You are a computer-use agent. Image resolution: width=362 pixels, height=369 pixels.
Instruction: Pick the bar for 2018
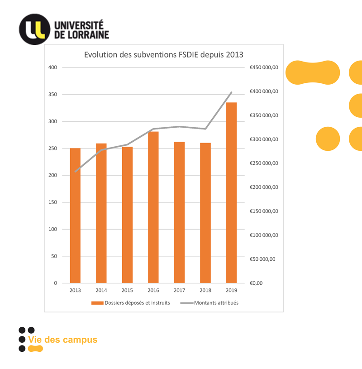205,213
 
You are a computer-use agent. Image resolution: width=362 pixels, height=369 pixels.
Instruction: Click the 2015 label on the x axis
127,290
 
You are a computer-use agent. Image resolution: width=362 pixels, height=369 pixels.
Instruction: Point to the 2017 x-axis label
179,290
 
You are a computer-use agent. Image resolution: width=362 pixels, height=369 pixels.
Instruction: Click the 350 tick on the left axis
53,95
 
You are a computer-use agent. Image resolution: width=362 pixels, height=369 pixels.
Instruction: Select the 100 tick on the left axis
53,229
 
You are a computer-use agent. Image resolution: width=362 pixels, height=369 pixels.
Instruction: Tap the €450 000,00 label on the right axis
264,67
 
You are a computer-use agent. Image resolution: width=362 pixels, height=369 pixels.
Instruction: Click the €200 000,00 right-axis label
264,187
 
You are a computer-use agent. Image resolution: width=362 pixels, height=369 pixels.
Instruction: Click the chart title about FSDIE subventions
164,55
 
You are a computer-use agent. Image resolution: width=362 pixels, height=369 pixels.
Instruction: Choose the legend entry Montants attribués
216,303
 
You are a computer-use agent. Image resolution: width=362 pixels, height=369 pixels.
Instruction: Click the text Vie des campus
62,340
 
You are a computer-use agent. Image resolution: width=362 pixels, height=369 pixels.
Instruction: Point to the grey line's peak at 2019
232,92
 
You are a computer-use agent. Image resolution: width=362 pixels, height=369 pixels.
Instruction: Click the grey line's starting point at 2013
75,172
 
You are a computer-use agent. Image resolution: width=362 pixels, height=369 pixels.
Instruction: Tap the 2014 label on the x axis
101,290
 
